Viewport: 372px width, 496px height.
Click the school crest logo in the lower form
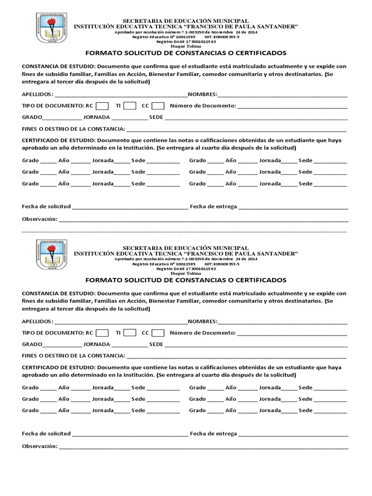pos(51,255)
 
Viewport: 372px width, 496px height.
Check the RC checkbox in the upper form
pos(102,106)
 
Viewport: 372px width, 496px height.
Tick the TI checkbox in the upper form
pos(130,106)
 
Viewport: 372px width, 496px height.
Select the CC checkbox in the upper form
pos(158,106)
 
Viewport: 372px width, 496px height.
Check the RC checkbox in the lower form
pos(102,333)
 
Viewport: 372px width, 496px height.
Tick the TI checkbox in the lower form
pos(130,333)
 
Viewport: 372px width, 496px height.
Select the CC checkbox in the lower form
pos(158,333)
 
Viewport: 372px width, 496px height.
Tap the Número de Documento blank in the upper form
pos(293,106)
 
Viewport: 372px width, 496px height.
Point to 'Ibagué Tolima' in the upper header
pos(186,46)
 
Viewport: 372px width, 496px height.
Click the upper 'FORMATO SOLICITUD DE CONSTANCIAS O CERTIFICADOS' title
pos(186,53)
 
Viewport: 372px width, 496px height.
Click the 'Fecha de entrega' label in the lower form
pos(213,434)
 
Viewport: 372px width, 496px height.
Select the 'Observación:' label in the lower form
pos(39,446)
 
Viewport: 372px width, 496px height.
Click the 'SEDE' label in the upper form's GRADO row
pos(156,117)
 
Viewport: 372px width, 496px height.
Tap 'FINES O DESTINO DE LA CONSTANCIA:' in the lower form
pos(73,356)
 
